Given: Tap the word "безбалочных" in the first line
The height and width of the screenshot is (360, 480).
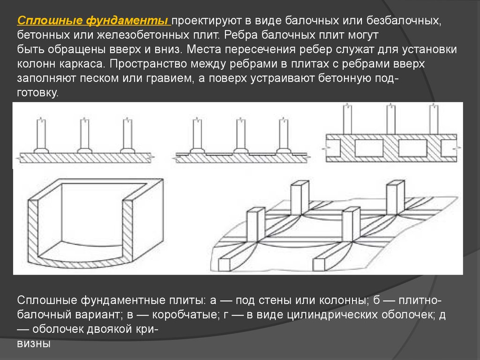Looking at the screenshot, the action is click(x=404, y=21).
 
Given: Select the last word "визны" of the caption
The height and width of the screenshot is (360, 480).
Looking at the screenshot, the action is click(x=34, y=344).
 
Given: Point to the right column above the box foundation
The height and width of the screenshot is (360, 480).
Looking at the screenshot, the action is click(x=434, y=120).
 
